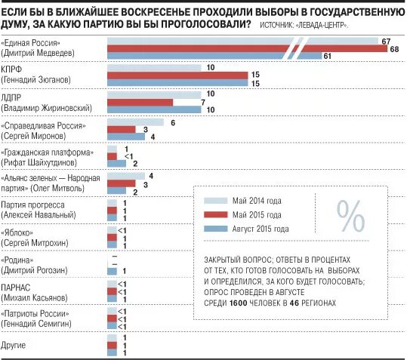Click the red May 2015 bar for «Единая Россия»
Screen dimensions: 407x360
click(x=248, y=49)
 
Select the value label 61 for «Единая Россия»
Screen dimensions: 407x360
click(x=327, y=56)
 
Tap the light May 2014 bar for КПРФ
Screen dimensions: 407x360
click(x=154, y=68)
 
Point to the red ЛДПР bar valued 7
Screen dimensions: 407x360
click(x=140, y=103)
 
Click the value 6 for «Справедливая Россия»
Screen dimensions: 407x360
click(x=173, y=123)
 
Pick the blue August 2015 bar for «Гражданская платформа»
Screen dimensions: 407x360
click(x=116, y=164)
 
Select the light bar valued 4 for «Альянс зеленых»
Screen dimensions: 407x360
click(x=126, y=176)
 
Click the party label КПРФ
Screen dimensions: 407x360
click(x=11, y=69)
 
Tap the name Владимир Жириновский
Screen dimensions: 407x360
click(x=47, y=108)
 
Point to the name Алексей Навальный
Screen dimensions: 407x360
click(x=39, y=215)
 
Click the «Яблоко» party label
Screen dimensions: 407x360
click(x=17, y=232)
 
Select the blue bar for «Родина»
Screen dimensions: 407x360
click(x=112, y=271)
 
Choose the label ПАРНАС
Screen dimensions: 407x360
click(x=16, y=288)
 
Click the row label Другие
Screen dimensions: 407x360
click(x=14, y=346)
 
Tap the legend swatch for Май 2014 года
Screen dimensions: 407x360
click(x=216, y=201)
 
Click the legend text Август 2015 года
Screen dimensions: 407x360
click(x=261, y=229)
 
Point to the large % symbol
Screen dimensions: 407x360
click(x=350, y=216)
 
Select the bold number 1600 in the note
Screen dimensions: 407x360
click(x=239, y=303)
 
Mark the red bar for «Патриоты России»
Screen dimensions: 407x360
click(x=112, y=318)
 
